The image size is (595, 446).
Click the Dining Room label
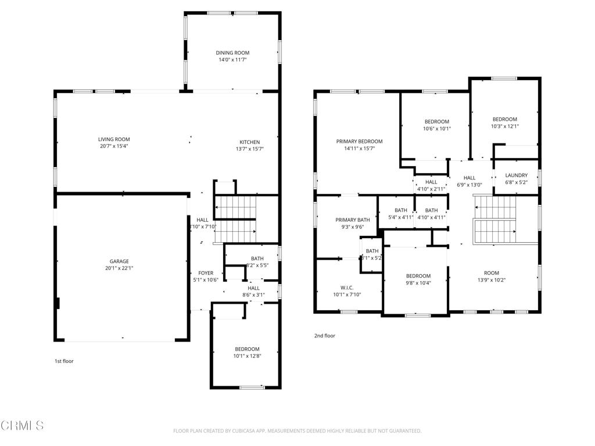pos(232,53)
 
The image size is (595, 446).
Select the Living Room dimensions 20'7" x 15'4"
pos(113,147)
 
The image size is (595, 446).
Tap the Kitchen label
pos(250,142)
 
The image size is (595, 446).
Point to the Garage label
pos(120,261)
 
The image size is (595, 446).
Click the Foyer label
pos(206,273)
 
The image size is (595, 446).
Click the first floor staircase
pos(236,218)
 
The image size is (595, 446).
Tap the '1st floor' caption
pos(64,361)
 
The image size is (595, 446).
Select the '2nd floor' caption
pos(325,336)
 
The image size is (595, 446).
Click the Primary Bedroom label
pos(359,141)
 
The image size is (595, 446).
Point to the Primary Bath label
pos(352,220)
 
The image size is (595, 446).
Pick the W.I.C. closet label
pos(347,287)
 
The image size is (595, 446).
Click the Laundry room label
pos(516,175)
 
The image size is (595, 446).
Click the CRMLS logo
pos(22,426)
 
